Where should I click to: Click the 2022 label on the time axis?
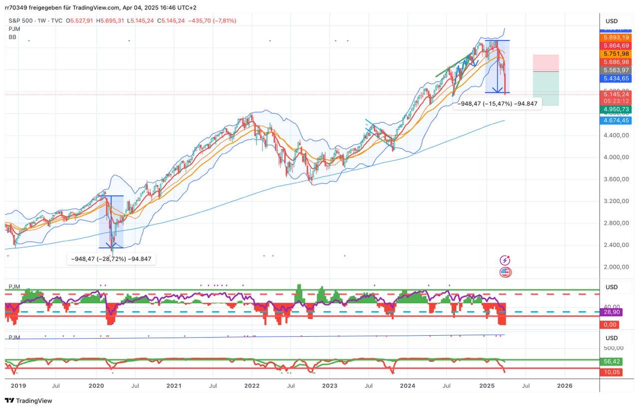[252, 386]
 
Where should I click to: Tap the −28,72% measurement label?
[111, 259]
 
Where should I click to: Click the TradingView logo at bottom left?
[29, 401]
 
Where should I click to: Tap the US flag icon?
[505, 272]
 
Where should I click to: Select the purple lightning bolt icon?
[505, 260]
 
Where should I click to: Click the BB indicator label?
[12, 37]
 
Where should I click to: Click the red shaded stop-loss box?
[546, 63]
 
